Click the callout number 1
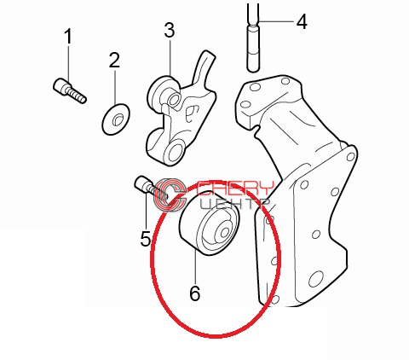click(68, 36)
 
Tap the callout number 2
click(114, 60)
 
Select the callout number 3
click(170, 30)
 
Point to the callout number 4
click(302, 22)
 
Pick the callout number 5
click(146, 238)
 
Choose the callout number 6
click(195, 293)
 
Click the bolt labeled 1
click(70, 90)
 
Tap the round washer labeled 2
click(116, 119)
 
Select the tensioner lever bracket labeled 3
click(181, 108)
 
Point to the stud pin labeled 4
click(252, 37)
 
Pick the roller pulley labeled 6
click(209, 224)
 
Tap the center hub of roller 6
click(224, 233)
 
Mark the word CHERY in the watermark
click(235, 188)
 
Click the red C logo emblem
click(170, 195)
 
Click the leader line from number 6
click(195, 266)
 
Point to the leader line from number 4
click(276, 21)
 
